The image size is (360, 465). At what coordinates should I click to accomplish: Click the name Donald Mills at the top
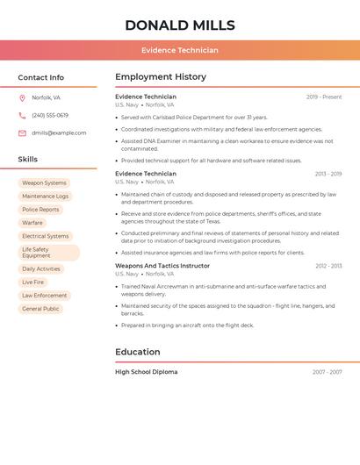click(x=180, y=25)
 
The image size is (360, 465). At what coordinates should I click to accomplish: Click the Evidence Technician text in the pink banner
click(x=180, y=50)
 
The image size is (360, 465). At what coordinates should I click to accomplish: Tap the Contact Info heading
click(x=41, y=77)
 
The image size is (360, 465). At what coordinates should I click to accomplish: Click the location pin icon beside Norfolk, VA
click(x=22, y=97)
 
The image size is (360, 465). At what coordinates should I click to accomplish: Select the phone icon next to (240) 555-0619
click(x=22, y=115)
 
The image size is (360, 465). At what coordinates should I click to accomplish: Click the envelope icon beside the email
click(x=22, y=132)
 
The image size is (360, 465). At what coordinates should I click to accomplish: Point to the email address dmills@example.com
click(x=59, y=132)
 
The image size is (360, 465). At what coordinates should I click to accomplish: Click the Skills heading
click(x=28, y=160)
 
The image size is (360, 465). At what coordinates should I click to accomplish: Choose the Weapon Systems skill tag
click(x=44, y=183)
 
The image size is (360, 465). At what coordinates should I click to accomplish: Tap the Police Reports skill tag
click(x=40, y=210)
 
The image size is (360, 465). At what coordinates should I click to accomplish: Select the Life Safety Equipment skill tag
click(x=48, y=253)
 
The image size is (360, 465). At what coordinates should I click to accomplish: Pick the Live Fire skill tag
click(x=33, y=283)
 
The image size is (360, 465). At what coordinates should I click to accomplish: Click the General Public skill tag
click(x=40, y=309)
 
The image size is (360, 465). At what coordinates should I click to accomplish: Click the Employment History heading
click(x=161, y=77)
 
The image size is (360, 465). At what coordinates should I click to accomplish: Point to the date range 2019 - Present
click(x=324, y=97)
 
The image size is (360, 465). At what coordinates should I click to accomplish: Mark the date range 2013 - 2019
click(x=328, y=175)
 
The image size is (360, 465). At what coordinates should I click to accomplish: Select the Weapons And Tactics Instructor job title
click(x=162, y=266)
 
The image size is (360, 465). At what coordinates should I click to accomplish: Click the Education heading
click(x=138, y=352)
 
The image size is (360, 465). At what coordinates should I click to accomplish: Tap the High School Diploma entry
click(x=147, y=372)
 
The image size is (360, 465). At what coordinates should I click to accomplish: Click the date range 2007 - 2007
click(x=327, y=372)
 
